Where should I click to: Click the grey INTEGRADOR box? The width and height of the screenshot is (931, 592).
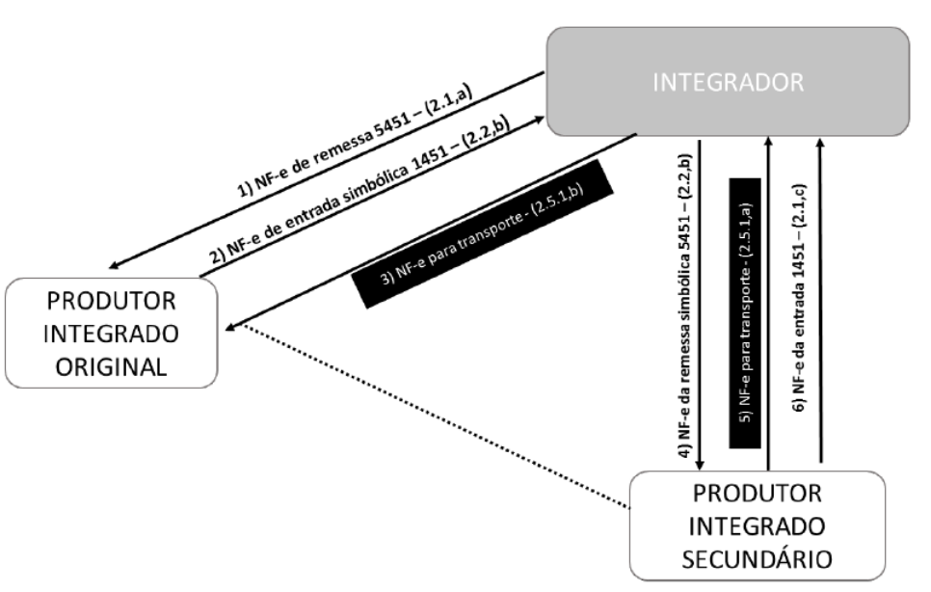(728, 83)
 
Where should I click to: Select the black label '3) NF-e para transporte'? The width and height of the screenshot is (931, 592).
(482, 232)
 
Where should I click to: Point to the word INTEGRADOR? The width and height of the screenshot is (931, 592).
(728, 83)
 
